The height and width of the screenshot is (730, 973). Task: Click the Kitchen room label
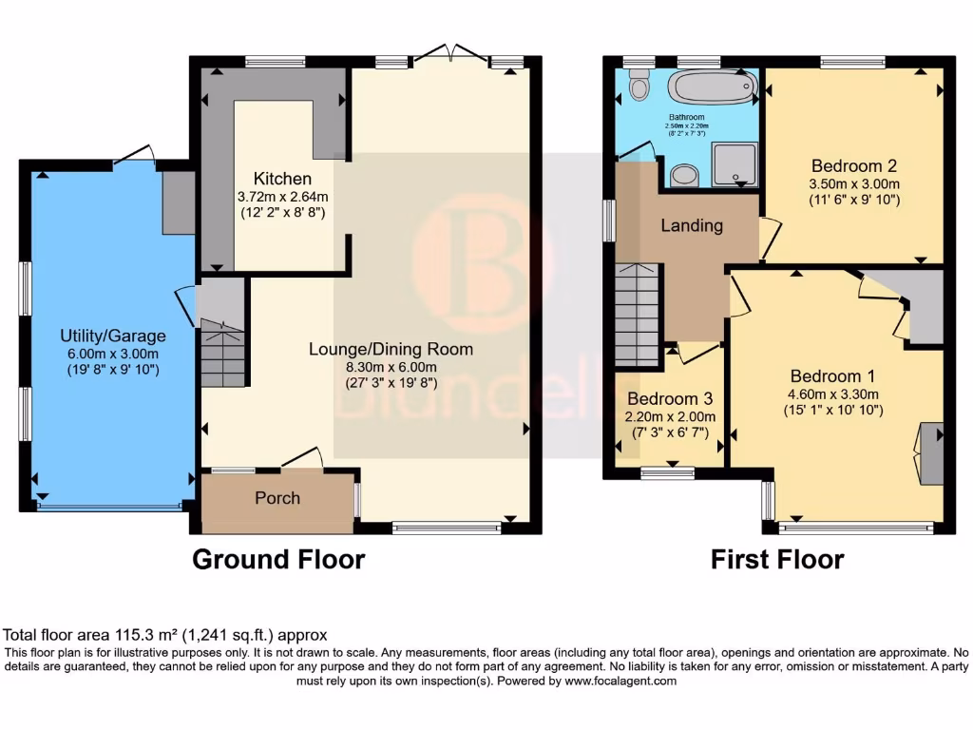(282, 179)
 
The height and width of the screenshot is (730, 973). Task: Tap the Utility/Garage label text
(113, 336)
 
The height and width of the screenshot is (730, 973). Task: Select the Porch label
(277, 498)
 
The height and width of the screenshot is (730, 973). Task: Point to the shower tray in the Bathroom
(735, 163)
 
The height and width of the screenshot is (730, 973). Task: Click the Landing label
(692, 226)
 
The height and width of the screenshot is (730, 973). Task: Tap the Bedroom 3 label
(670, 398)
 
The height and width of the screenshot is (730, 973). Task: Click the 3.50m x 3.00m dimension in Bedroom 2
(854, 184)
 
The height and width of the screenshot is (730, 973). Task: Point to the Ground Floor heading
(278, 559)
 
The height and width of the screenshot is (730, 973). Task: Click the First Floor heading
(777, 559)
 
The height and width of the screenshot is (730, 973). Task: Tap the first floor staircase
(638, 313)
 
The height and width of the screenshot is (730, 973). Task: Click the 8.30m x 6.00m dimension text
(391, 367)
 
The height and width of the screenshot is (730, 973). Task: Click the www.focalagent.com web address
(620, 681)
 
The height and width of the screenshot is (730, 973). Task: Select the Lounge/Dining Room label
(391, 350)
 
